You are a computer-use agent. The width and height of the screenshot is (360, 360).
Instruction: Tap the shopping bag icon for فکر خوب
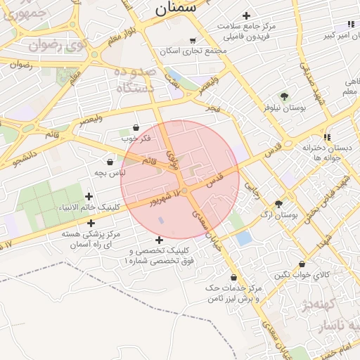[x=135, y=127]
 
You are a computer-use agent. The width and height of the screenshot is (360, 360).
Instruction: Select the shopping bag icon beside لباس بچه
[x=110, y=162]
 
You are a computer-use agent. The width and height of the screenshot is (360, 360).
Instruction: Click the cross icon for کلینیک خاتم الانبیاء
[x=89, y=197]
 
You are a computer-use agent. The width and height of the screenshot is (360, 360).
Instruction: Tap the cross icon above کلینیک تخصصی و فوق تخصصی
[x=159, y=240]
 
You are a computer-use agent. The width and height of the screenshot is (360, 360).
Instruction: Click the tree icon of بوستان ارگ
[x=279, y=204]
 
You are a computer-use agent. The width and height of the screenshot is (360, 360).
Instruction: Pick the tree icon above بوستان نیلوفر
[x=284, y=96]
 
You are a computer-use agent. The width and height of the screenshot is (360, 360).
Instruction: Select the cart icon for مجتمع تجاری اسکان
[x=193, y=41]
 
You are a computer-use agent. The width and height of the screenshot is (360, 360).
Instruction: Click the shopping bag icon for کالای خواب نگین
[x=302, y=264]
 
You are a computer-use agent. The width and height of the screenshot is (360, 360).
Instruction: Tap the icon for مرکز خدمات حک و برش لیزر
[x=233, y=277]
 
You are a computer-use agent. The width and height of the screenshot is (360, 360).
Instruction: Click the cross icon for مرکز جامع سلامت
[x=246, y=15]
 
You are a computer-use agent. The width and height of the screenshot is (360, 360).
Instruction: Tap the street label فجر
[x=213, y=109]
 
